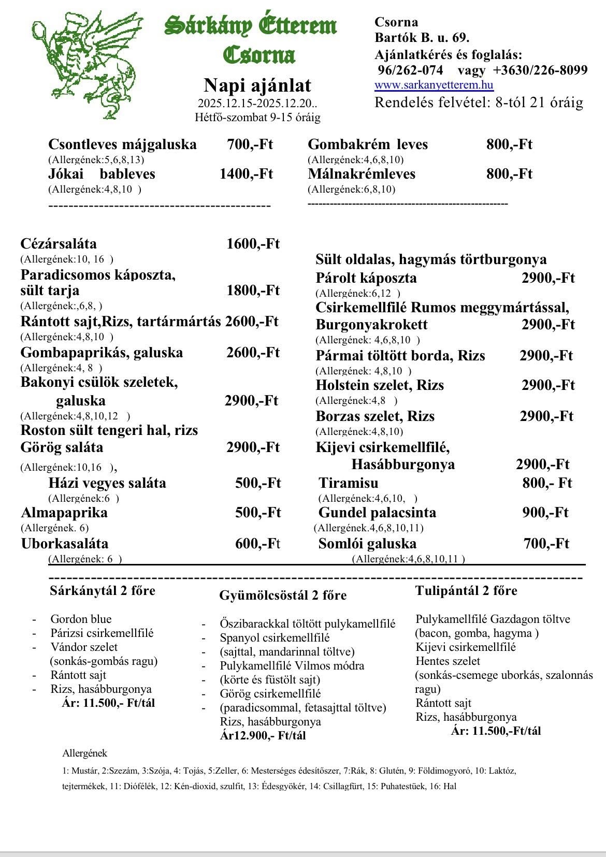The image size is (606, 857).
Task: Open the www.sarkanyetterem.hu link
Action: coord(434,85)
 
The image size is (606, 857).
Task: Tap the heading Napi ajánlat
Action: coord(257,85)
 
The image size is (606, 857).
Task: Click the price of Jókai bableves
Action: coord(246,174)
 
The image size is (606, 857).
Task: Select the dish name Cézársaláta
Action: coord(59,244)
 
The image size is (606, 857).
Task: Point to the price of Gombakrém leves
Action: coord(509,144)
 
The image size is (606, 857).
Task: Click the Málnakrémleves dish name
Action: coord(362,174)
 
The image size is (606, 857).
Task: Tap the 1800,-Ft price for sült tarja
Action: coord(253,290)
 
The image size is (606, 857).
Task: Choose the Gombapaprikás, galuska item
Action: coord(102,353)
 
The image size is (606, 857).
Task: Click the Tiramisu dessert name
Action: coord(349,483)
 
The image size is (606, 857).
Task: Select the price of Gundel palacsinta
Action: coord(545,513)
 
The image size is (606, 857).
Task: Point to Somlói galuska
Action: coord(367,544)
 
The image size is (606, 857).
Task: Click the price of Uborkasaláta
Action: coord(257,544)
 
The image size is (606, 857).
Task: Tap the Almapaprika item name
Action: coord(64,513)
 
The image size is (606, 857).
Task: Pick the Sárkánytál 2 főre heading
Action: coord(103,591)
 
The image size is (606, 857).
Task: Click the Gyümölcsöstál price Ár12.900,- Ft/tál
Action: coord(263,735)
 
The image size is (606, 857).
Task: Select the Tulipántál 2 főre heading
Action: coord(466,591)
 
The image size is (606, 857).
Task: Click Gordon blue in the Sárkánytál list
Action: coord(81,619)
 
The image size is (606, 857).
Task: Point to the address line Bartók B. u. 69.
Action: coord(422,38)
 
